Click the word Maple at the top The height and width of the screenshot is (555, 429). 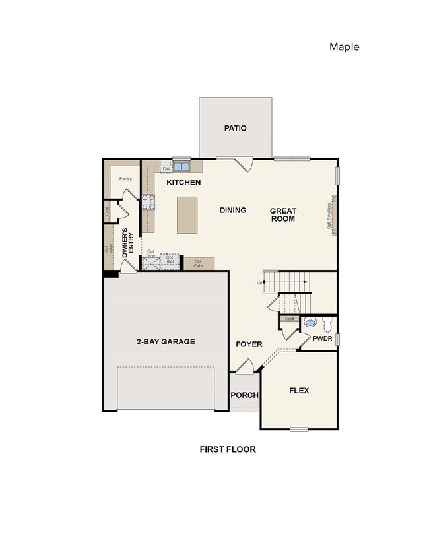coord(344,46)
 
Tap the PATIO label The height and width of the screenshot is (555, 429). coord(234,128)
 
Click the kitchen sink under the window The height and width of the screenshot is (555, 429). coord(181,167)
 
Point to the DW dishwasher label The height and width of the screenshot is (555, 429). coord(166,169)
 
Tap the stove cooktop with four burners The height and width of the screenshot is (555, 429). coord(148,202)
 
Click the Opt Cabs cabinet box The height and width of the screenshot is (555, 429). coord(199,263)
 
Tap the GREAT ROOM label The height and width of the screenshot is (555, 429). coord(282,214)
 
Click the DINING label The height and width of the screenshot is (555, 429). coord(232,210)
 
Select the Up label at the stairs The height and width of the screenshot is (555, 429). coord(259,282)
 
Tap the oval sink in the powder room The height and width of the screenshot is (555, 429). coord(309,324)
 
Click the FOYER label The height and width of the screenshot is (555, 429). coord(249,344)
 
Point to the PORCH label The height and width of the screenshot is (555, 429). coord(244,395)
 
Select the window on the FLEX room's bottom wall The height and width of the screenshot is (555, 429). coord(299,430)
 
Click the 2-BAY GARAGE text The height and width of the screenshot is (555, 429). coord(166,341)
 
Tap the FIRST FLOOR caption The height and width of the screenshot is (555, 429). coord(228,449)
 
